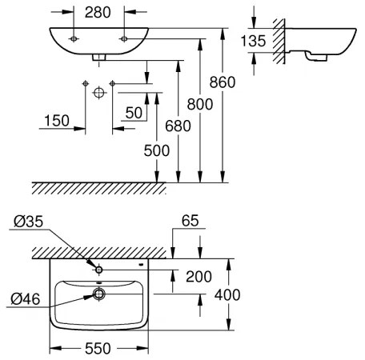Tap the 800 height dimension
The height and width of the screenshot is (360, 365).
pos(200,103)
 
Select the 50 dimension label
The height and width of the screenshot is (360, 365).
pos(134,113)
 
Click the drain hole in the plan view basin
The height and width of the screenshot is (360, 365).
pos(98,294)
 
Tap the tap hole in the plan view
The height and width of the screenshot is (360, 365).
pos(98,270)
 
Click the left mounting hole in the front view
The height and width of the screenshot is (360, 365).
pos(74,38)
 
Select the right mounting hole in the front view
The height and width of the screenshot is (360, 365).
pos(124,38)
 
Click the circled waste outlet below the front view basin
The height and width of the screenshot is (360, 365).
pos(99,93)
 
